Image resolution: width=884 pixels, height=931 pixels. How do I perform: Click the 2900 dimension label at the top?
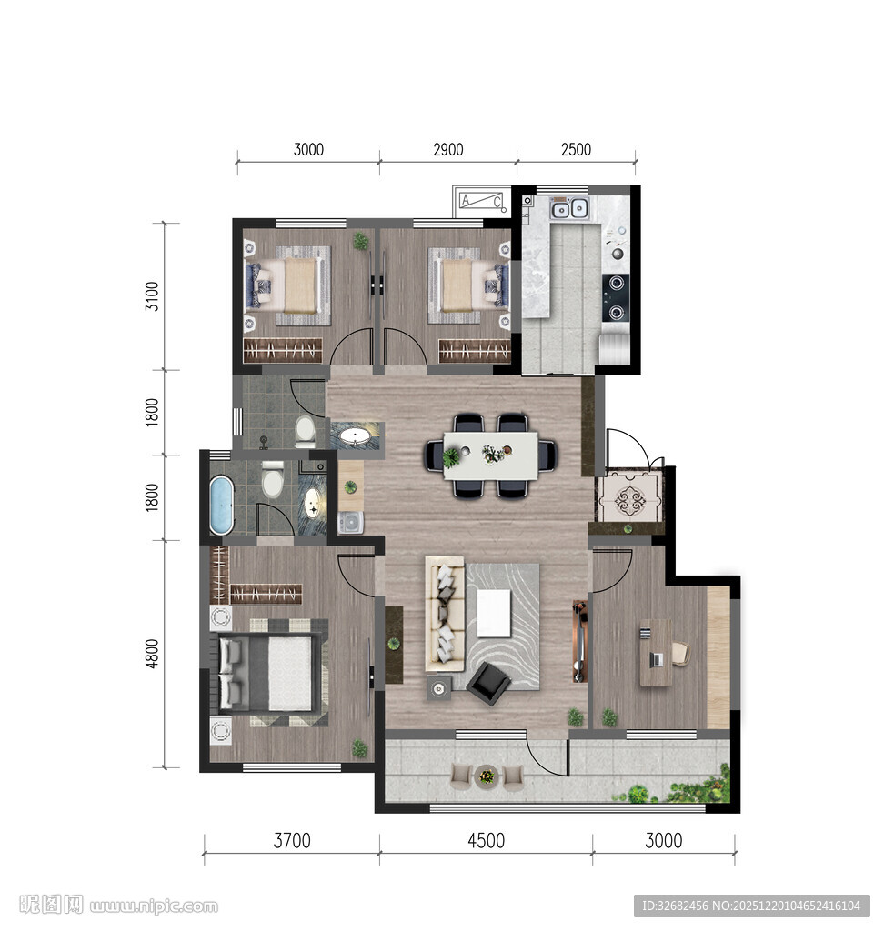point(448,150)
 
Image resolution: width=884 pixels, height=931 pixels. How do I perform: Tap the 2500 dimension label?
point(576,150)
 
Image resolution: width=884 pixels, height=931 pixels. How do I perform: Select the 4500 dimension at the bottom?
point(486,841)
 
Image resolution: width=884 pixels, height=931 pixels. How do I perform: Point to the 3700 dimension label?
point(292,841)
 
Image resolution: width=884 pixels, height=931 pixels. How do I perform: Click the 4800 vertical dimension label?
point(153,654)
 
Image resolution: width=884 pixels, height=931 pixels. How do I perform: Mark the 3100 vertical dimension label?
point(153,296)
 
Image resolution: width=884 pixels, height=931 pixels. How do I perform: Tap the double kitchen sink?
point(569,208)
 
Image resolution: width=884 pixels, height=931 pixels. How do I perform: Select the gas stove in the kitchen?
point(616,297)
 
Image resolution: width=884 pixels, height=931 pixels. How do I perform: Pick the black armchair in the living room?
point(488,684)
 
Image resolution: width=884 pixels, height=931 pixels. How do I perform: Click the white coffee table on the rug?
point(494,613)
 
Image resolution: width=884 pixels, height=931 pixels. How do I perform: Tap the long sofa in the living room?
point(445,614)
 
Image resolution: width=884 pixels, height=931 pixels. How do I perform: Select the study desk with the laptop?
point(656,653)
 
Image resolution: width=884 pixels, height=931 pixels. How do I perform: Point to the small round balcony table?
point(487,776)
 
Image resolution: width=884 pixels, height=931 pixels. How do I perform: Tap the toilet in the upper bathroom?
point(306,432)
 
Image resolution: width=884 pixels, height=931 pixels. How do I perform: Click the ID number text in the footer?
point(751,906)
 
